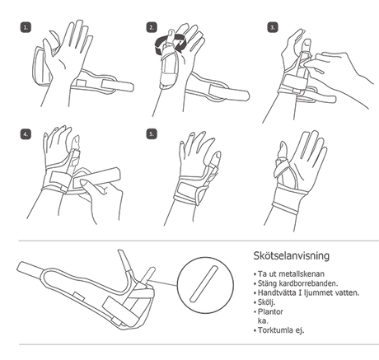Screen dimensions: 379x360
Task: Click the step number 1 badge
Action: click(x=26, y=27)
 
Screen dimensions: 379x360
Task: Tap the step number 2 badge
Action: click(x=152, y=27)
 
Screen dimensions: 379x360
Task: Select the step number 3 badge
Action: click(x=272, y=27)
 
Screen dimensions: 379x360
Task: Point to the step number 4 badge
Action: click(x=26, y=134)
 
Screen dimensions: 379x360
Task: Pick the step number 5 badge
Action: click(x=152, y=134)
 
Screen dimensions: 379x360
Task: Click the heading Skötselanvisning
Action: click(x=292, y=255)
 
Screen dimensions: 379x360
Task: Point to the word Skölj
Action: click(x=266, y=302)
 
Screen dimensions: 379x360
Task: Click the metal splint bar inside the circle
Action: click(x=204, y=283)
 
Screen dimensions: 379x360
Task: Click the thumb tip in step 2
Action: click(x=171, y=33)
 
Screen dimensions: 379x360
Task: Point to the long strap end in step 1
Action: click(x=118, y=86)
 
